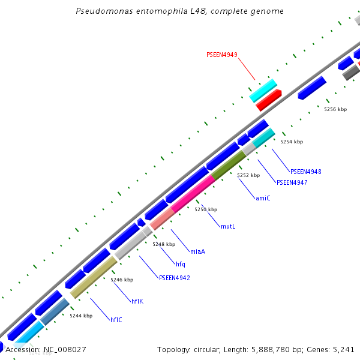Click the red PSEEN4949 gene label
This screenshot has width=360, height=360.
coord(222,55)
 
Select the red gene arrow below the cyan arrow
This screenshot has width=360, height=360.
coord(268,100)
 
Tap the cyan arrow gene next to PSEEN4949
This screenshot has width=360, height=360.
coord(263,89)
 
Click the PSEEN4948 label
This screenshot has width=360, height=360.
coord(305,172)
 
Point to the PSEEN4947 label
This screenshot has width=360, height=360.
coord(292,182)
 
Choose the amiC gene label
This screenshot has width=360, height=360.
coord(263,198)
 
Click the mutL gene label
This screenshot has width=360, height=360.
coord(228,227)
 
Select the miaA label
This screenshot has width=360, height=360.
coord(197,251)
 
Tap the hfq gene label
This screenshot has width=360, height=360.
coord(181,264)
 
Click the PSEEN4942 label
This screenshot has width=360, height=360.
coord(174,278)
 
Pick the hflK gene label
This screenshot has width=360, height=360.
coord(137,301)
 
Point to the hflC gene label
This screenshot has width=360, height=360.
coord(116,320)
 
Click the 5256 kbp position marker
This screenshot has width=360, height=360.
coord(335,110)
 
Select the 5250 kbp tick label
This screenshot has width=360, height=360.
coord(206,209)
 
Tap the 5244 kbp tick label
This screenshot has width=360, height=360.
coord(80,316)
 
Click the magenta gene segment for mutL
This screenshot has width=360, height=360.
coord(193,193)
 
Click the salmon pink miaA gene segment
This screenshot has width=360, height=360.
coord(161,220)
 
